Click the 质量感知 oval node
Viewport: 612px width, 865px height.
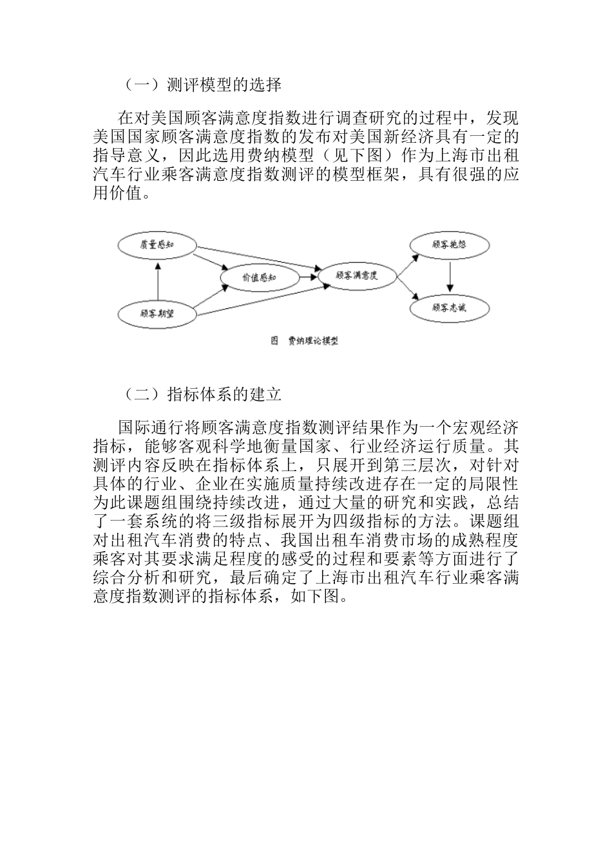pos(158,245)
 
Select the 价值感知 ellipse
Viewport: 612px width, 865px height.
pos(259,277)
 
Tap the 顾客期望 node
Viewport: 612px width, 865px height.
pos(158,313)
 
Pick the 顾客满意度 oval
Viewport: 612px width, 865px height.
pos(356,275)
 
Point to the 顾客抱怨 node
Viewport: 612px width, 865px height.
pos(450,245)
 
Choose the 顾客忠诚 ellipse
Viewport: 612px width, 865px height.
pos(450,308)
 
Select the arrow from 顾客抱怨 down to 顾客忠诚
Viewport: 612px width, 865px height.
pos(450,277)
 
